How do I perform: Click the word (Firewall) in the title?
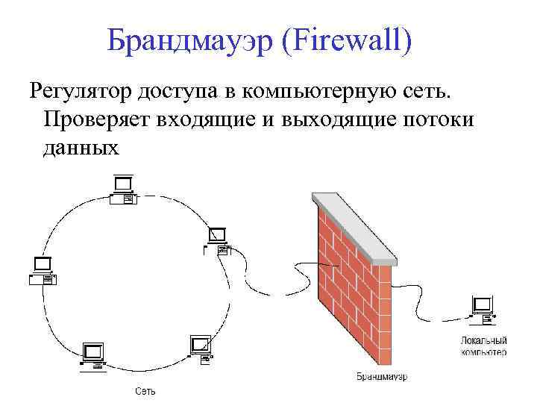click(x=348, y=41)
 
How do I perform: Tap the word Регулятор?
click(x=81, y=92)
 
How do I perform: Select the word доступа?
click(x=180, y=92)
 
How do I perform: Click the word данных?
click(x=81, y=146)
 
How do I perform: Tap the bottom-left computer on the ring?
click(x=93, y=357)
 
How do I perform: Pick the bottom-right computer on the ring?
click(x=202, y=350)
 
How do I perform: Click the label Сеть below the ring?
click(x=145, y=391)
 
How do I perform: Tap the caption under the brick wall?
click(x=381, y=375)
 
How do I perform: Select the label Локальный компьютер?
click(x=483, y=346)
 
